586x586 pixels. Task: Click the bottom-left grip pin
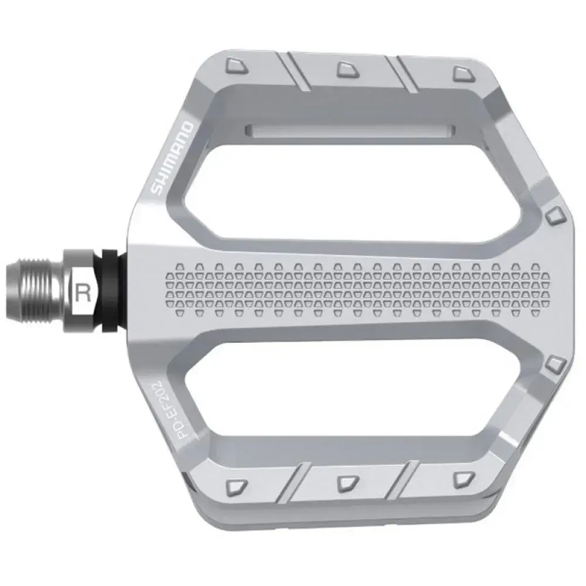[237, 486]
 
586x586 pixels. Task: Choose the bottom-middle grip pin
[348, 483]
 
